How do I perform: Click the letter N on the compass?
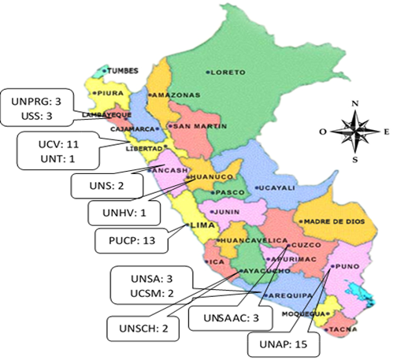(x=354, y=103)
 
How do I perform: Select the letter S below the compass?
(x=355, y=159)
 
